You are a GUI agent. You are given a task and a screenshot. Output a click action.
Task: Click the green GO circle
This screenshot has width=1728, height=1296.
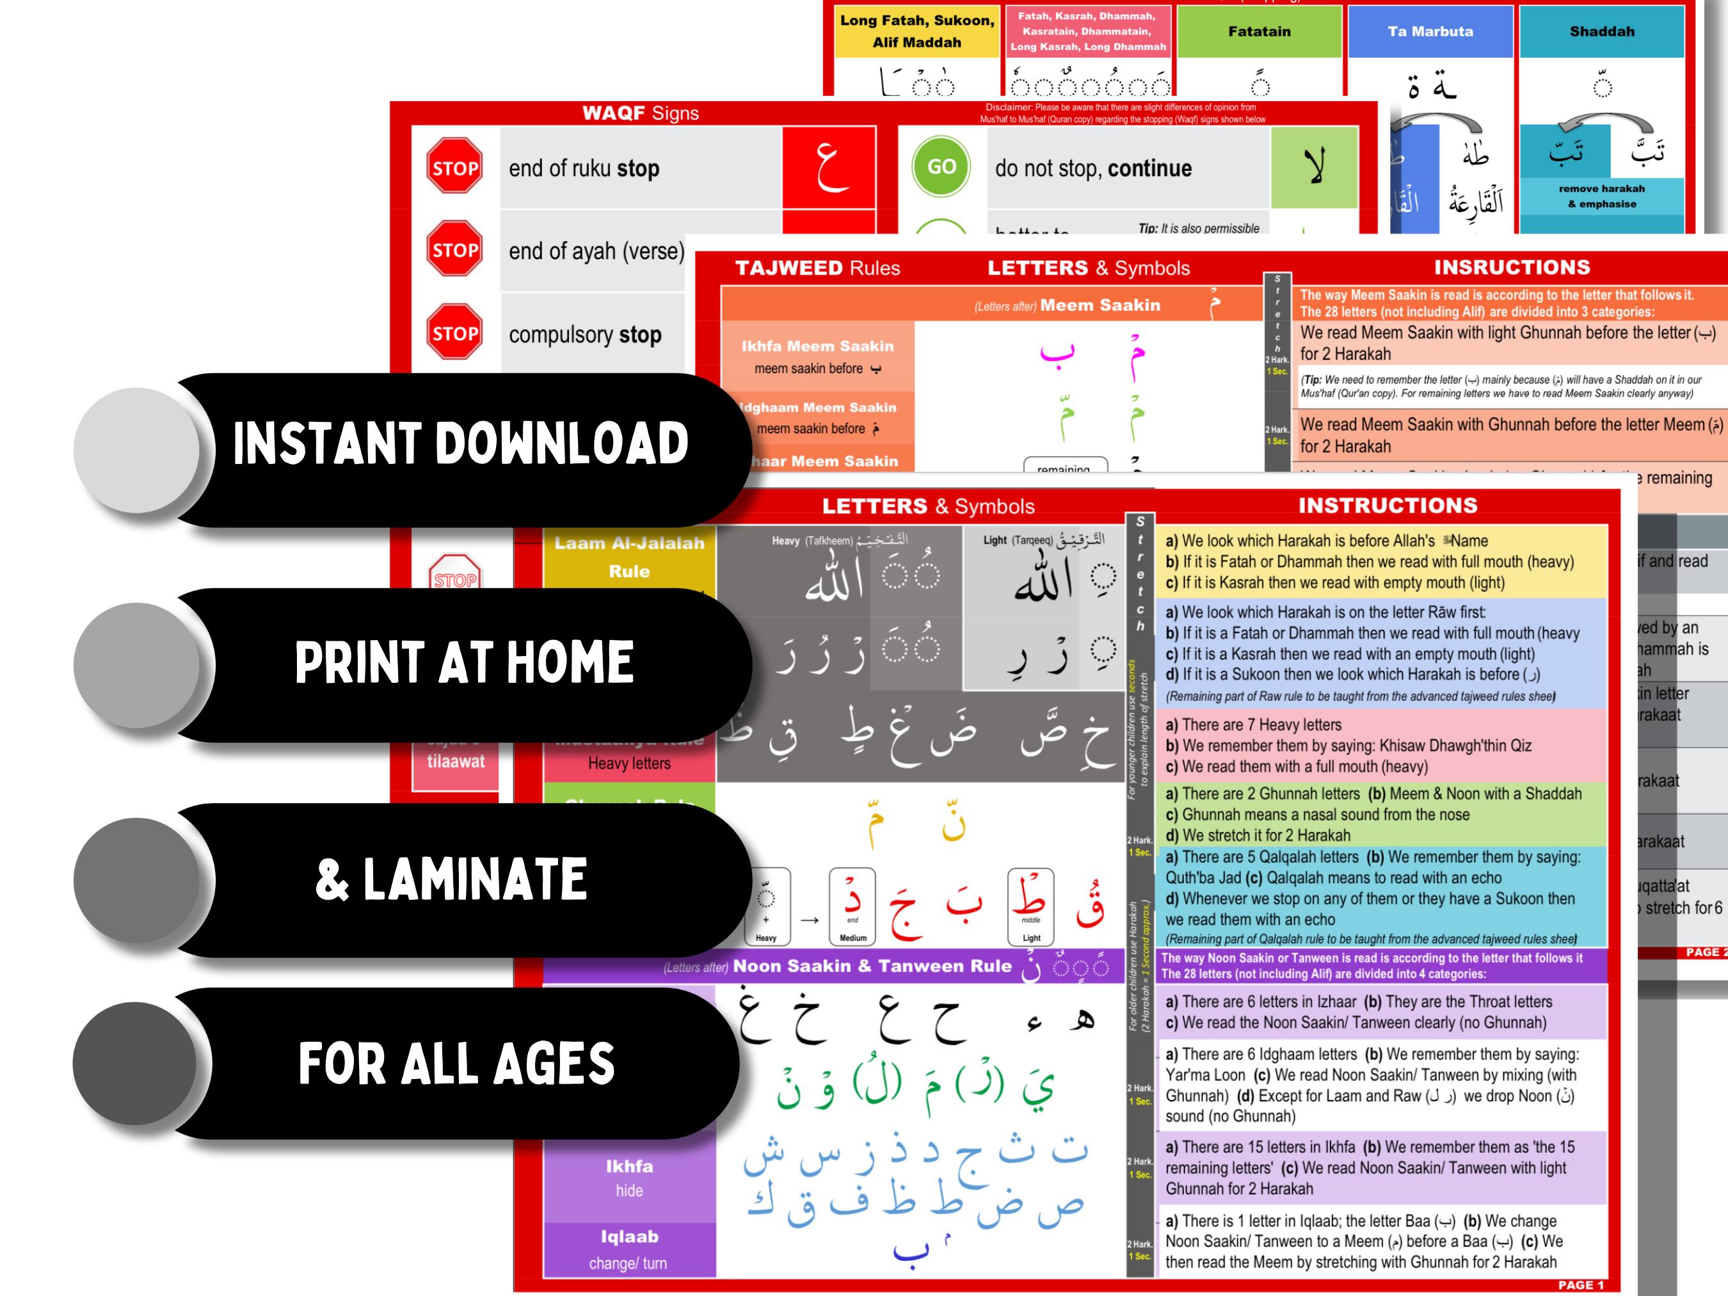[x=941, y=166]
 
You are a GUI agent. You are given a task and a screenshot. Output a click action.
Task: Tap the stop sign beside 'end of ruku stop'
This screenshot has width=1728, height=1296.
[x=454, y=167]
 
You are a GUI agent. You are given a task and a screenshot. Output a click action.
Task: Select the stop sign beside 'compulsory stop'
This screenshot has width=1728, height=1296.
[x=454, y=332]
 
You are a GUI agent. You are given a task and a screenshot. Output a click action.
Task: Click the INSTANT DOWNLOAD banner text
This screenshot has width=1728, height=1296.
[x=460, y=444]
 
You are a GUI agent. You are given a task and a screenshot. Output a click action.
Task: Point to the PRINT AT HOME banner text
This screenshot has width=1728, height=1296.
[x=464, y=662]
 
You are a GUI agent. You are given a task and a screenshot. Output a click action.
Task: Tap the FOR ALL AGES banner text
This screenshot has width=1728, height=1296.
[x=456, y=1064]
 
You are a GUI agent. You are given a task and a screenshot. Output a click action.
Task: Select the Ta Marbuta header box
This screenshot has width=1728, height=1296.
[x=1430, y=32]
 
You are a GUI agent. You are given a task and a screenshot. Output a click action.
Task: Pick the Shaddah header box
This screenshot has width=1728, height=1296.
[x=1601, y=32]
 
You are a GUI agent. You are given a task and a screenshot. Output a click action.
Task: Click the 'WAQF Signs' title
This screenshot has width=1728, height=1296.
[x=640, y=113]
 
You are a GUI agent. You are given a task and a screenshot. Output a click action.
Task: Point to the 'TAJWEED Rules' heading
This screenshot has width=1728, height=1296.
[x=817, y=268]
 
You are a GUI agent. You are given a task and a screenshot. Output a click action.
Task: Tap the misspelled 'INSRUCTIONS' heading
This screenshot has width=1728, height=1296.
[x=1512, y=267]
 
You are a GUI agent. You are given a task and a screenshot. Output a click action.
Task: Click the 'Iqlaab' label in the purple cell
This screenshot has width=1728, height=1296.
[x=629, y=1236]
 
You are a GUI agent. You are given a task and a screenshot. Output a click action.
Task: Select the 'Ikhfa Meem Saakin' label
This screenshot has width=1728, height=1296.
[x=817, y=346]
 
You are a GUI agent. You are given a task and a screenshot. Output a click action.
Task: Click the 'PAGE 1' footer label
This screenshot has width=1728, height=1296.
[x=1580, y=1284]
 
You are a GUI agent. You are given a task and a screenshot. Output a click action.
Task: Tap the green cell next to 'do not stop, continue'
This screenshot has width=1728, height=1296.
[x=1313, y=167]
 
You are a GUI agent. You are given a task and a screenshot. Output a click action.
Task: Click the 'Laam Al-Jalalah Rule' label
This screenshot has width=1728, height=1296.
[x=629, y=557]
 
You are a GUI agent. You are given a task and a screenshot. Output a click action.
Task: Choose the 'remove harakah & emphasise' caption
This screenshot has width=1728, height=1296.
[x=1601, y=196]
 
